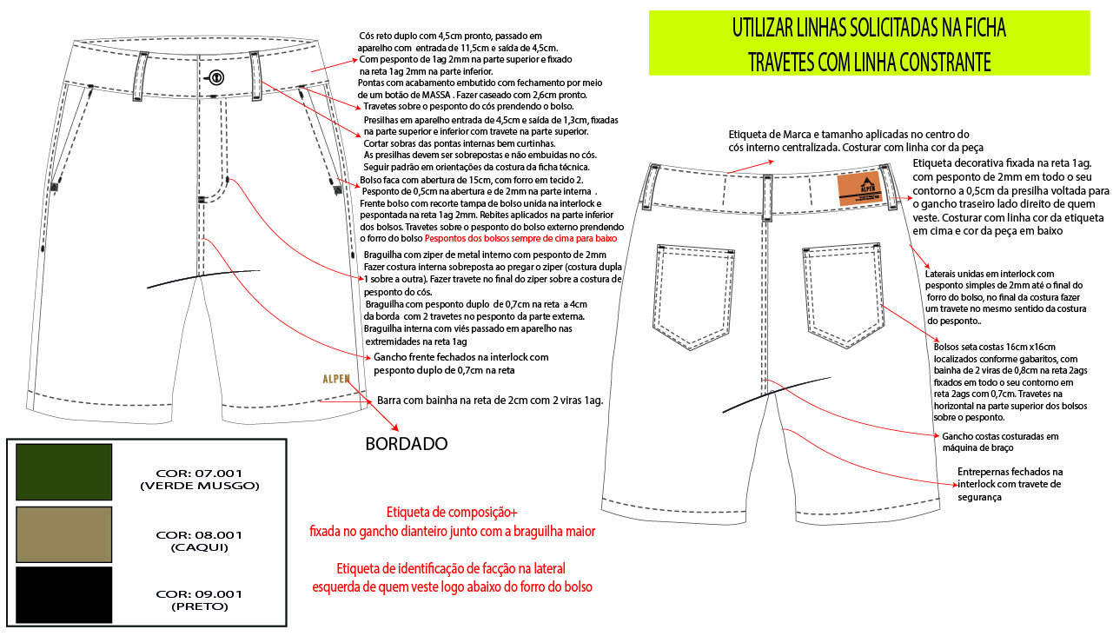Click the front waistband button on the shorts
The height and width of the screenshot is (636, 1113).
215,77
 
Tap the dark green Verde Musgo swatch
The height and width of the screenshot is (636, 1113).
64,472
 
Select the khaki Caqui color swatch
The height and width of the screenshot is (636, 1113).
64,534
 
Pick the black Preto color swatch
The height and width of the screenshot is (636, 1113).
64,594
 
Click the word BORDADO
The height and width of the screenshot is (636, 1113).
406,444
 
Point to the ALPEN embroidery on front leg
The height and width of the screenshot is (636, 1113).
336,379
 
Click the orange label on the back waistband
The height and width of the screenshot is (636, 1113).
861,190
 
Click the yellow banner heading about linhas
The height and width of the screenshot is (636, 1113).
869,42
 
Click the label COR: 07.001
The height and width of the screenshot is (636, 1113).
199,474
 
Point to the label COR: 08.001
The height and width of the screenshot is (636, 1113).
199,534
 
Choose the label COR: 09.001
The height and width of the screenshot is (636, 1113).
199,594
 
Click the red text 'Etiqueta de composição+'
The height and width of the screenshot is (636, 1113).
452,513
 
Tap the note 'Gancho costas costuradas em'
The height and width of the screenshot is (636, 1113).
1001,436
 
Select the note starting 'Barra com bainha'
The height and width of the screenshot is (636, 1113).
489,401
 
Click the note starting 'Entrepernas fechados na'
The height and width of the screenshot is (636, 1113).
1010,472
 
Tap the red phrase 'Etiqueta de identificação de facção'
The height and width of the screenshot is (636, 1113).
451,569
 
